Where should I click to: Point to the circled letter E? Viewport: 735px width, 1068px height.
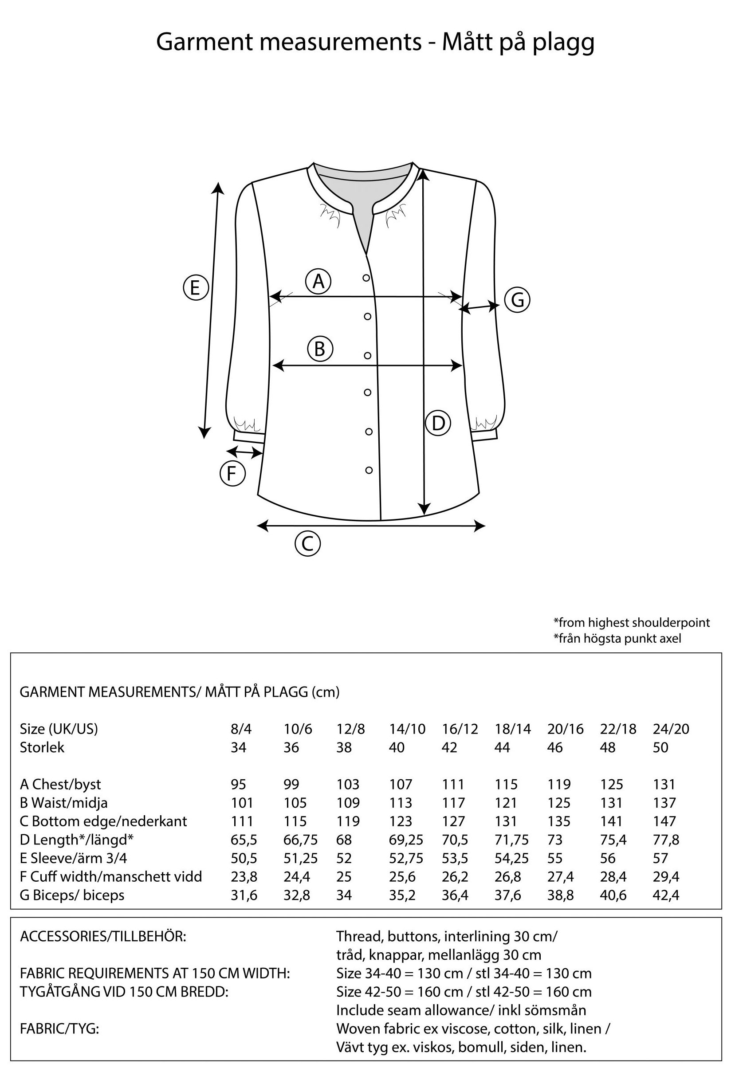click(x=196, y=288)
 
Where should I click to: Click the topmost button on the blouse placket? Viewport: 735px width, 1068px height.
click(x=366, y=278)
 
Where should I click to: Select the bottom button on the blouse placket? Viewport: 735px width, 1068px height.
click(x=369, y=470)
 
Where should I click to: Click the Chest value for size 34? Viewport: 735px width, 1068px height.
click(x=239, y=784)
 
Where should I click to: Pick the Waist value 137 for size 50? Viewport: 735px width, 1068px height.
click(x=664, y=802)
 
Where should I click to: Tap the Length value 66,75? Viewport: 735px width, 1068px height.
click(x=300, y=839)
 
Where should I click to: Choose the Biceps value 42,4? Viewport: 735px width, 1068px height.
click(x=666, y=895)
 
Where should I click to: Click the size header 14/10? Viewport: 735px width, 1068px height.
click(x=407, y=729)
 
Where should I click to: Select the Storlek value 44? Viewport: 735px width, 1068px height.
click(x=502, y=747)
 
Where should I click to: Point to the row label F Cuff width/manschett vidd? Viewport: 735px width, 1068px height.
click(x=111, y=876)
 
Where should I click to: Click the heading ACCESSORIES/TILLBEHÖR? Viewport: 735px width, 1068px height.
click(x=103, y=936)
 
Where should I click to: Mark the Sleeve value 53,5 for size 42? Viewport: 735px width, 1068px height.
click(x=455, y=858)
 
